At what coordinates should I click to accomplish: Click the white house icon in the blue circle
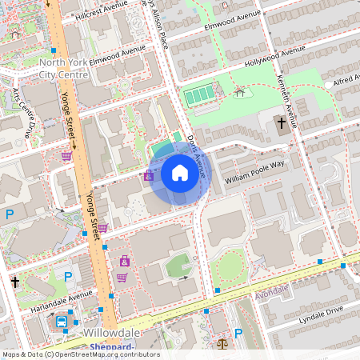click(x=180, y=172)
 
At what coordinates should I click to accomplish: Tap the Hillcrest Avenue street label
click(x=101, y=15)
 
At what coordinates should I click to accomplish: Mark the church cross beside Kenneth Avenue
click(x=281, y=123)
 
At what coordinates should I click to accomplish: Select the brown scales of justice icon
click(x=222, y=344)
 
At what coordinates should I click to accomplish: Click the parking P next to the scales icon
click(x=238, y=334)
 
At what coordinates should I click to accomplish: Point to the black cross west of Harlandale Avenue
click(x=15, y=282)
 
